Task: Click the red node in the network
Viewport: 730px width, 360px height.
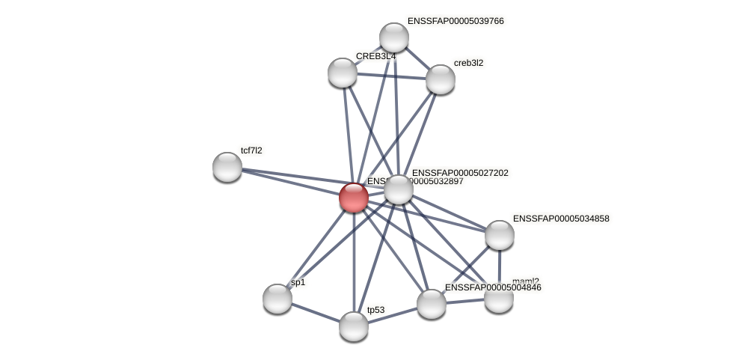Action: pos(353,198)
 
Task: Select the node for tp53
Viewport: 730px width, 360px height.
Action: pos(354,326)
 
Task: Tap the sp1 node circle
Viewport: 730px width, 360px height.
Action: pos(277,299)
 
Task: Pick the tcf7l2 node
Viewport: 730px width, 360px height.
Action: pos(227,167)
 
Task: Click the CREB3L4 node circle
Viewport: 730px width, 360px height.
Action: pos(343,73)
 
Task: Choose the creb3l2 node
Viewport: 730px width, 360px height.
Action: pos(440,79)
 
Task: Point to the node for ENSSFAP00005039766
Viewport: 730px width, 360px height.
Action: pos(394,37)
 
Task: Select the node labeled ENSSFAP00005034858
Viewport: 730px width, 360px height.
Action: pos(500,235)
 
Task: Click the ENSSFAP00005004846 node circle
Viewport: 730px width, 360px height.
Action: pos(432,304)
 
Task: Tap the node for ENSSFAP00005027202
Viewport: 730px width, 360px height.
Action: pos(399,189)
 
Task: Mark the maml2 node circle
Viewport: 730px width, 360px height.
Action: pos(499,298)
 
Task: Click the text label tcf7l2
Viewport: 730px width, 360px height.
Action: pos(251,150)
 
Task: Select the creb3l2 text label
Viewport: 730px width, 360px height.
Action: pos(468,63)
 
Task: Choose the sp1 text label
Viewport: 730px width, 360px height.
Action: pos(298,282)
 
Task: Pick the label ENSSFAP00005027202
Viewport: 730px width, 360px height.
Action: pos(460,173)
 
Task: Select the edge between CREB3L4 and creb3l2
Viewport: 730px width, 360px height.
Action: pos(391,76)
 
